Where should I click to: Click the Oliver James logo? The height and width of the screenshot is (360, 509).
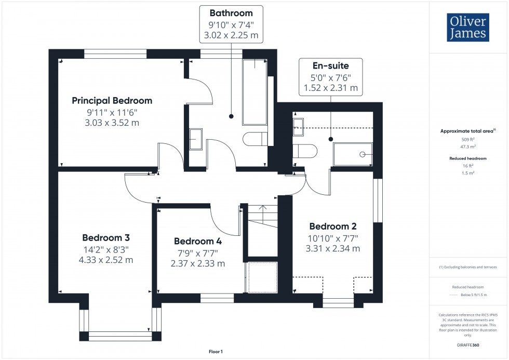tap(467, 28)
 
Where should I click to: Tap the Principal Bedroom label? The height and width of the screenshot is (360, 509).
tap(112, 101)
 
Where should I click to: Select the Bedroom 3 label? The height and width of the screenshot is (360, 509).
tap(106, 237)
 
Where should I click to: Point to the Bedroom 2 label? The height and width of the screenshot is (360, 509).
tap(333, 226)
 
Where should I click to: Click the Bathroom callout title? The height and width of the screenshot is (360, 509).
tap(231, 13)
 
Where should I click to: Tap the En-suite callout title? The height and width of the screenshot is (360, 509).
tap(330, 65)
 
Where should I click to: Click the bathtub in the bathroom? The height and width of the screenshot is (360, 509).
tap(254, 92)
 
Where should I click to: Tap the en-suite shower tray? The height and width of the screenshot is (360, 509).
tap(353, 154)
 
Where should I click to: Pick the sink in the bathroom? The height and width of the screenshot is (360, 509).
tap(196, 139)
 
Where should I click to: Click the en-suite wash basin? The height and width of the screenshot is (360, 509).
tap(299, 126)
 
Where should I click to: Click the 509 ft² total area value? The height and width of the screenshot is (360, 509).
tap(468, 139)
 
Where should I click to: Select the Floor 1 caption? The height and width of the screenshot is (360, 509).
tap(216, 352)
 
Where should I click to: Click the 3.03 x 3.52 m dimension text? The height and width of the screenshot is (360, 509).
tap(112, 123)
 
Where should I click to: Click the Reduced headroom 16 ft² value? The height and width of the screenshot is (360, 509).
tap(468, 166)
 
